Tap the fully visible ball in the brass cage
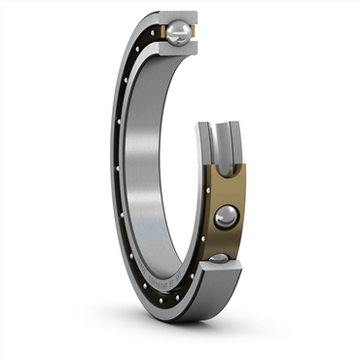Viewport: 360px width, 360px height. (226, 216)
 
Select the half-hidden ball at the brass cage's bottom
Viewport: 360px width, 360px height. (221, 259)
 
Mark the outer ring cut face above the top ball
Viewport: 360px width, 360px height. (176, 18)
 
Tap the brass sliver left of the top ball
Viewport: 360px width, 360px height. (160, 34)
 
